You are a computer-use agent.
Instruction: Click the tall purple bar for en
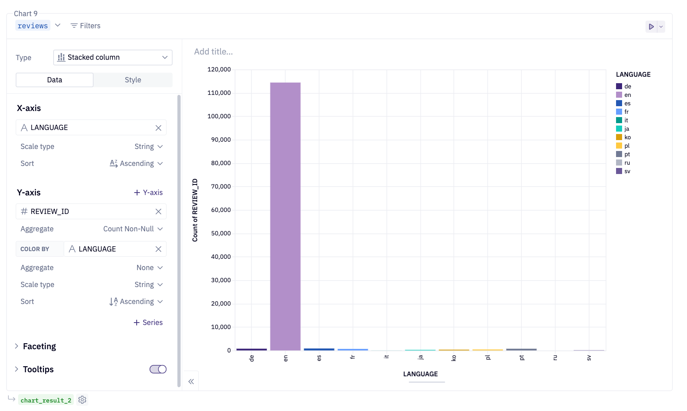coord(285,216)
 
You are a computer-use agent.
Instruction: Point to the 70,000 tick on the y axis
coord(221,187)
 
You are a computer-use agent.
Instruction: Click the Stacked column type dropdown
coord(112,57)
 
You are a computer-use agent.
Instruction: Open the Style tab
coord(133,80)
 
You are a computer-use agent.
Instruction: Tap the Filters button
coord(85,26)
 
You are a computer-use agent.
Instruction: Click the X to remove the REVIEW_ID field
coord(158,212)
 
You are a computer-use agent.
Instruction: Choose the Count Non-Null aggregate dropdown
coord(133,229)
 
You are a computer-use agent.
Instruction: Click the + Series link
coord(148,323)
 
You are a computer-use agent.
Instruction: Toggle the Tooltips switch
coord(158,369)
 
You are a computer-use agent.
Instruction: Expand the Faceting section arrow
coord(17,346)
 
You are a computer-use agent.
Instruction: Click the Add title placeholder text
coord(213,52)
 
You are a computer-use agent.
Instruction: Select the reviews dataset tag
coord(33,26)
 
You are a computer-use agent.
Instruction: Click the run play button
coord(651,27)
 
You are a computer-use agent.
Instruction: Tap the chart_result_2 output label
coord(46,400)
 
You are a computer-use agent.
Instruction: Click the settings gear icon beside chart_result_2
coord(82,400)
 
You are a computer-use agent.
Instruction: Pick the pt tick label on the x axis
coord(521,358)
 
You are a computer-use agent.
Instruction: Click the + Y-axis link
coord(148,193)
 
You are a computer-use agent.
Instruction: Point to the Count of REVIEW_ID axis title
coord(195,210)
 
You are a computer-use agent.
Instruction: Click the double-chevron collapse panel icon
coord(191,382)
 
